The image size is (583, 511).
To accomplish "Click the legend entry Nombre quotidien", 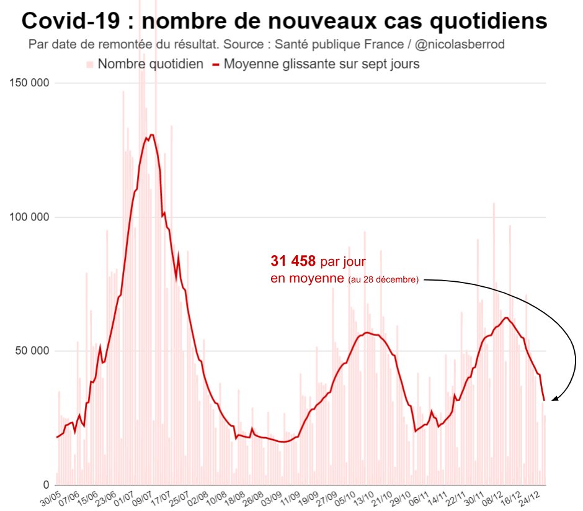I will click(150, 64).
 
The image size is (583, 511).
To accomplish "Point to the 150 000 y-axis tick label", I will click(27, 83).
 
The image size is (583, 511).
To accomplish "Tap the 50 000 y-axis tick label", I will click(30, 351).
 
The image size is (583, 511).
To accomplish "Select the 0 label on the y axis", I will click(45, 485).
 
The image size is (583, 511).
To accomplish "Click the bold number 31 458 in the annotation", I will click(293, 262).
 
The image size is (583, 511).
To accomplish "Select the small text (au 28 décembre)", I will click(383, 280).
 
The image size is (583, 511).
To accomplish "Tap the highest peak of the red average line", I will click(151, 135).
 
